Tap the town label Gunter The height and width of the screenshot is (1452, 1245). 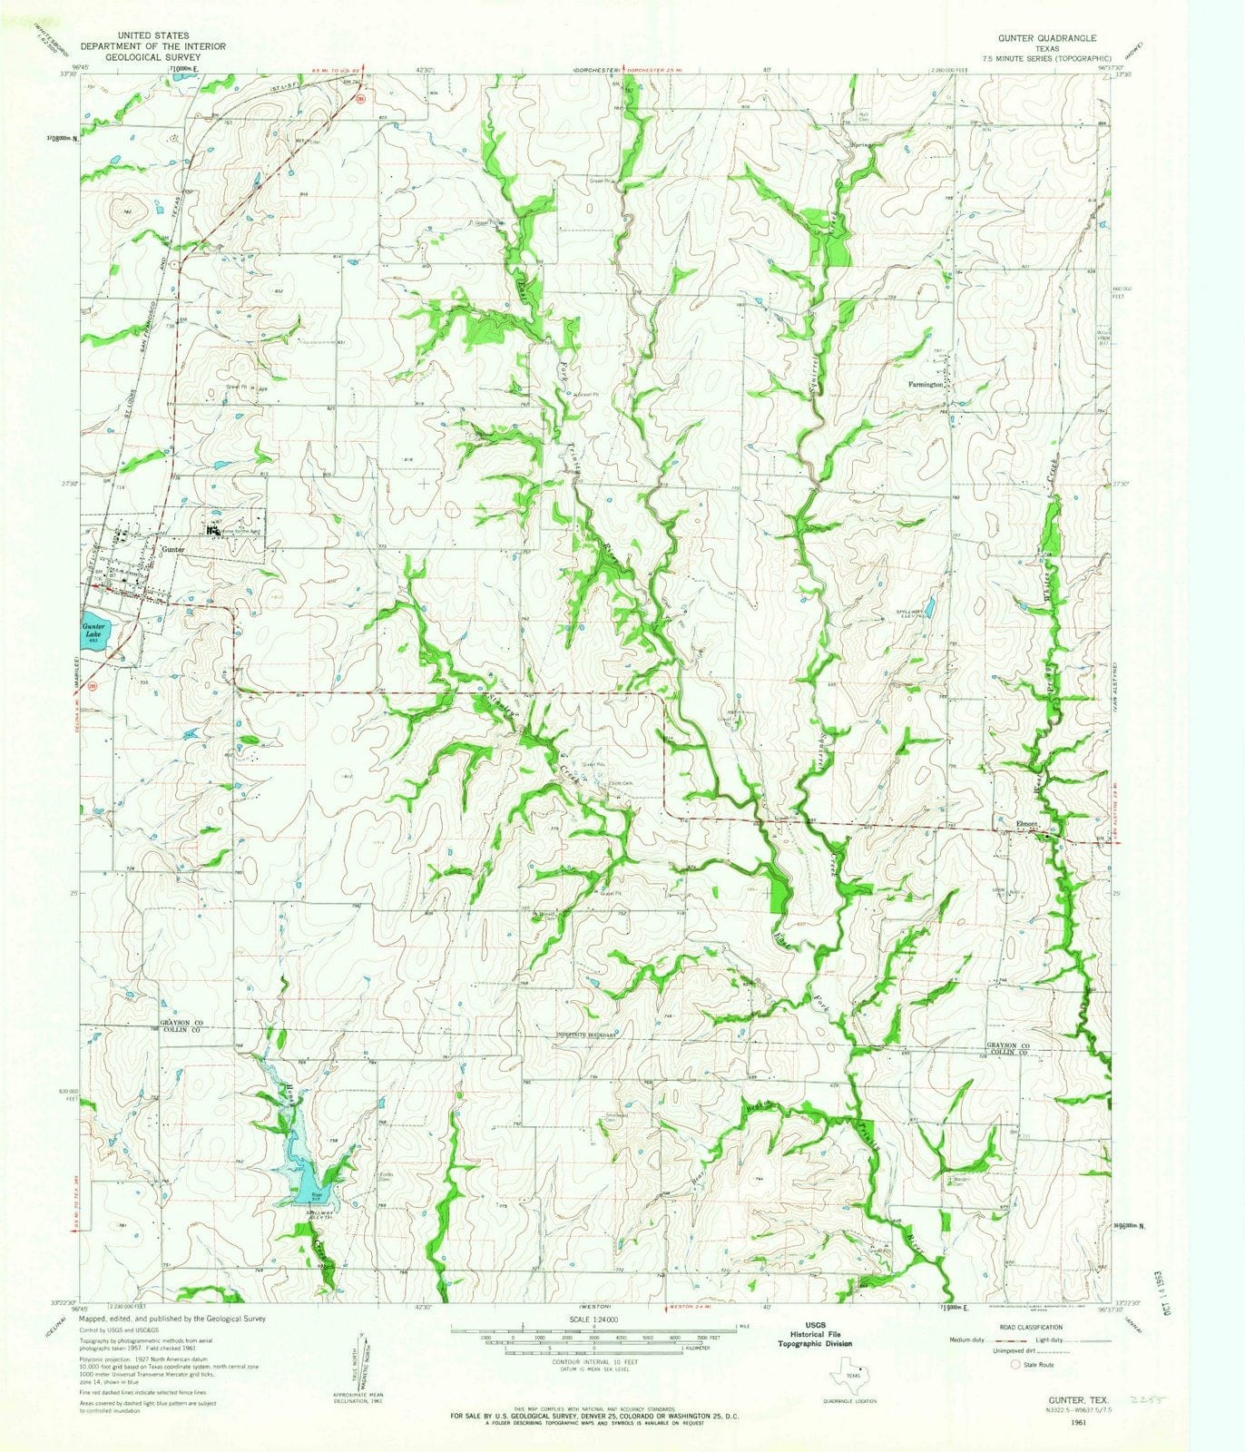(172, 550)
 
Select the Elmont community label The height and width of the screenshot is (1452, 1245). (1025, 825)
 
